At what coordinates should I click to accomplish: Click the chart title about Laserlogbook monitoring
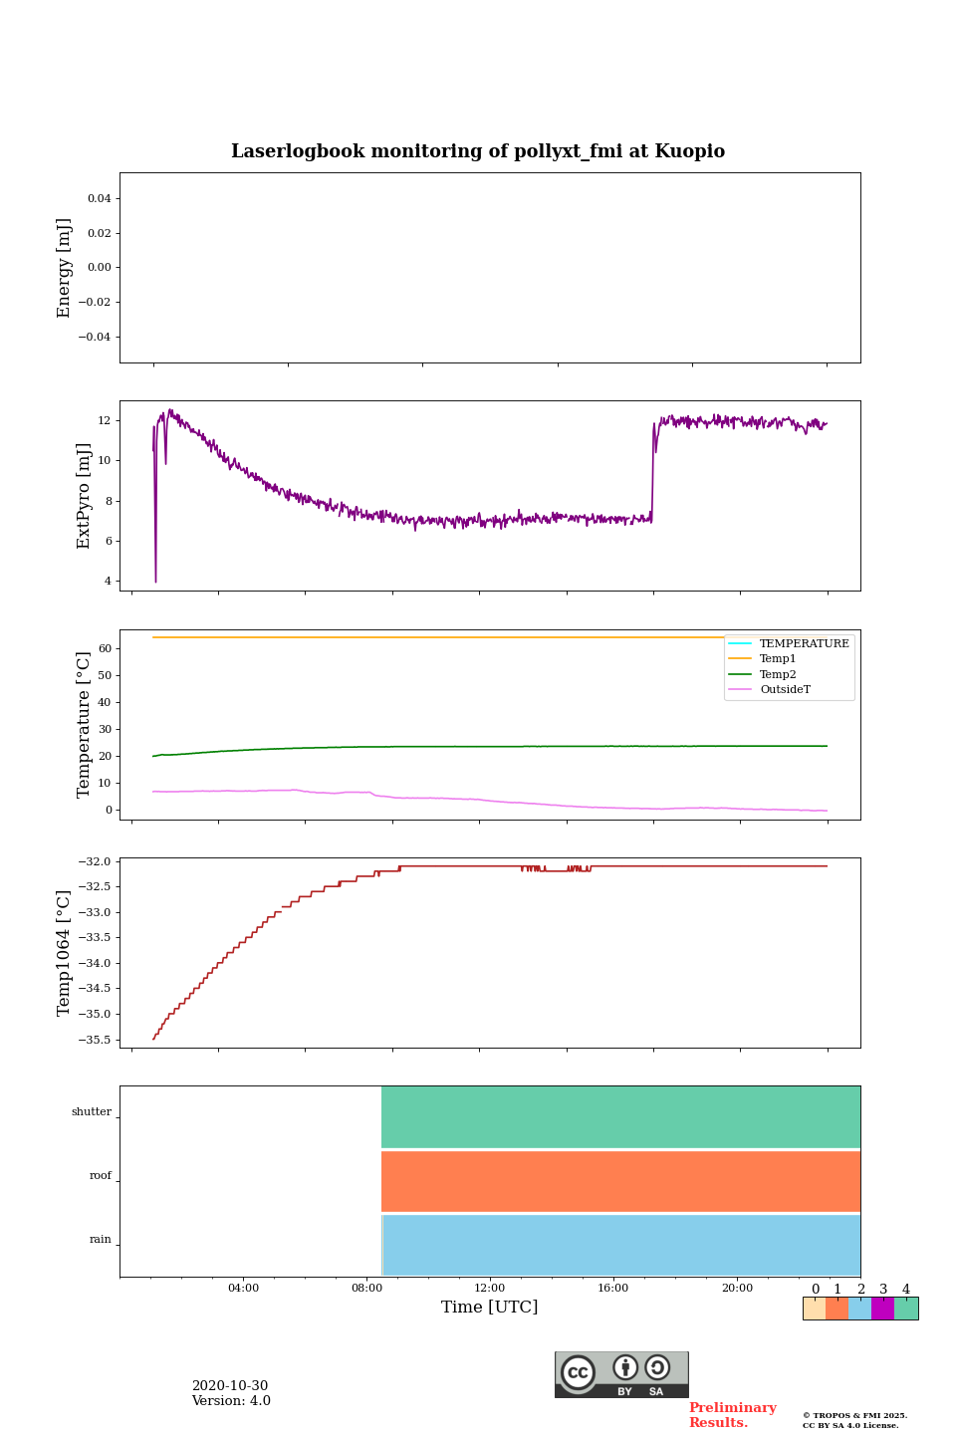point(478,151)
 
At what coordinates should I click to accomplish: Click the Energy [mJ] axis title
point(65,268)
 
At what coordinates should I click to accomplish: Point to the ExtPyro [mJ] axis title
point(84,496)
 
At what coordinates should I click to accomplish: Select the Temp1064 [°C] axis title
point(65,953)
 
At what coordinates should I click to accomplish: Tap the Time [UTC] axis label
point(489,1307)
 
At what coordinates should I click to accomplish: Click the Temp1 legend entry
point(778,659)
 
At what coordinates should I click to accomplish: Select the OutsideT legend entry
point(785,689)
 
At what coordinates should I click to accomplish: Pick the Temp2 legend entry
point(778,674)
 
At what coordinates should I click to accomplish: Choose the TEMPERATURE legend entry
point(804,643)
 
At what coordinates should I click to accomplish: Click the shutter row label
point(92,1112)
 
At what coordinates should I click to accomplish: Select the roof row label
point(101,1176)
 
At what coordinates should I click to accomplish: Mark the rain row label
point(101,1240)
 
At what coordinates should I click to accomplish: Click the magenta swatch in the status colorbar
point(882,1309)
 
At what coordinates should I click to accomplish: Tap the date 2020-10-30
point(230,1386)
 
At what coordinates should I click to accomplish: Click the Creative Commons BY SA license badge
point(621,1374)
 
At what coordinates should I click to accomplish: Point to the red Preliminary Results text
point(732,1415)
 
